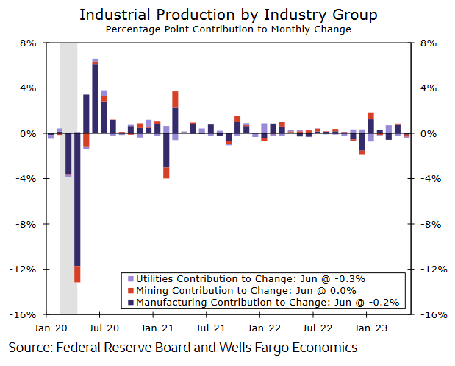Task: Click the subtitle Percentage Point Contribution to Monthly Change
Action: click(x=227, y=29)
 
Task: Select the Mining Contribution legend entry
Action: click(x=246, y=290)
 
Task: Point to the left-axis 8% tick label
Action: click(x=27, y=43)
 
